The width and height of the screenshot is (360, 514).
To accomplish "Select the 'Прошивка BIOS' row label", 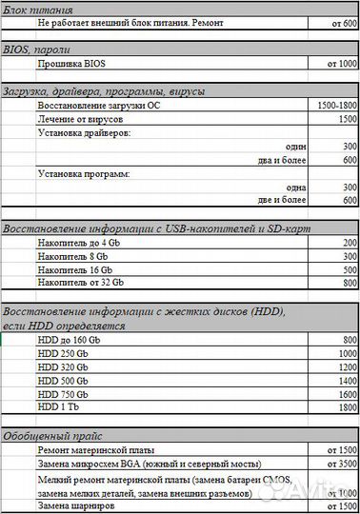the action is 70,63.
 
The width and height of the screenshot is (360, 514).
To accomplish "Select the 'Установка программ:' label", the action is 83,174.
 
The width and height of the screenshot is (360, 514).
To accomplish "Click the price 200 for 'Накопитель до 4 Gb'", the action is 349,244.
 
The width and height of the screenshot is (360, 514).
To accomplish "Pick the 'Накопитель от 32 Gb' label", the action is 81,284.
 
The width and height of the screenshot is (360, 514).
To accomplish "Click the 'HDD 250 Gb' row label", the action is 66,353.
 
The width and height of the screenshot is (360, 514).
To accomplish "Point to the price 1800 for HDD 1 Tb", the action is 346,406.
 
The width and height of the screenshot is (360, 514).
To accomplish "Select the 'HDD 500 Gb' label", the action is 66,380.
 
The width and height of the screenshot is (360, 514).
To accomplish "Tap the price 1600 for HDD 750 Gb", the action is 346,393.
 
